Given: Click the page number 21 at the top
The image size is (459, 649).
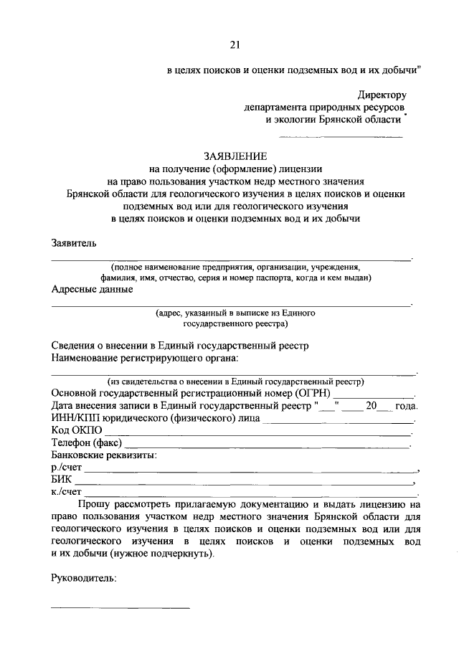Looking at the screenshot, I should (x=235, y=45).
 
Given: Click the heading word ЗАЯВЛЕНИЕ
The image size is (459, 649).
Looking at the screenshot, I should (x=235, y=156).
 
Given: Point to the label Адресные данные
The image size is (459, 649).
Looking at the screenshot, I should (x=92, y=290).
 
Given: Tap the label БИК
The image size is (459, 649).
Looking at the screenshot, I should (x=62, y=479).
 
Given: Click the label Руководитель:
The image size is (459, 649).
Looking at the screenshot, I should (x=84, y=578).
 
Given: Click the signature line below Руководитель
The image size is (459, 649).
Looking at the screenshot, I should (x=120, y=608).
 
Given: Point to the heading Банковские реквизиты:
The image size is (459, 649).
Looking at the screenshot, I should (x=104, y=455).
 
